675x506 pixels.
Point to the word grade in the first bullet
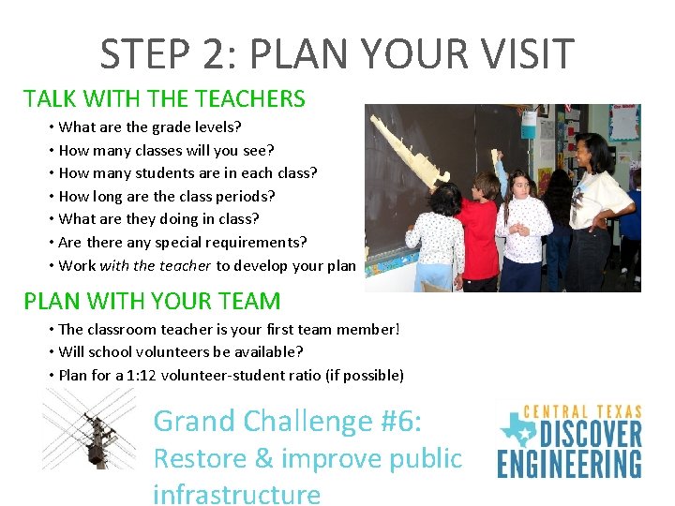[x=168, y=126]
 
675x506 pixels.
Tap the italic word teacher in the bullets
[x=185, y=265]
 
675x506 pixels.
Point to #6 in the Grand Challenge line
[x=392, y=421]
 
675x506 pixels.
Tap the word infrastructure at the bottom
[x=236, y=494]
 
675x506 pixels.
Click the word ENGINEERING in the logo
[x=569, y=464]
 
